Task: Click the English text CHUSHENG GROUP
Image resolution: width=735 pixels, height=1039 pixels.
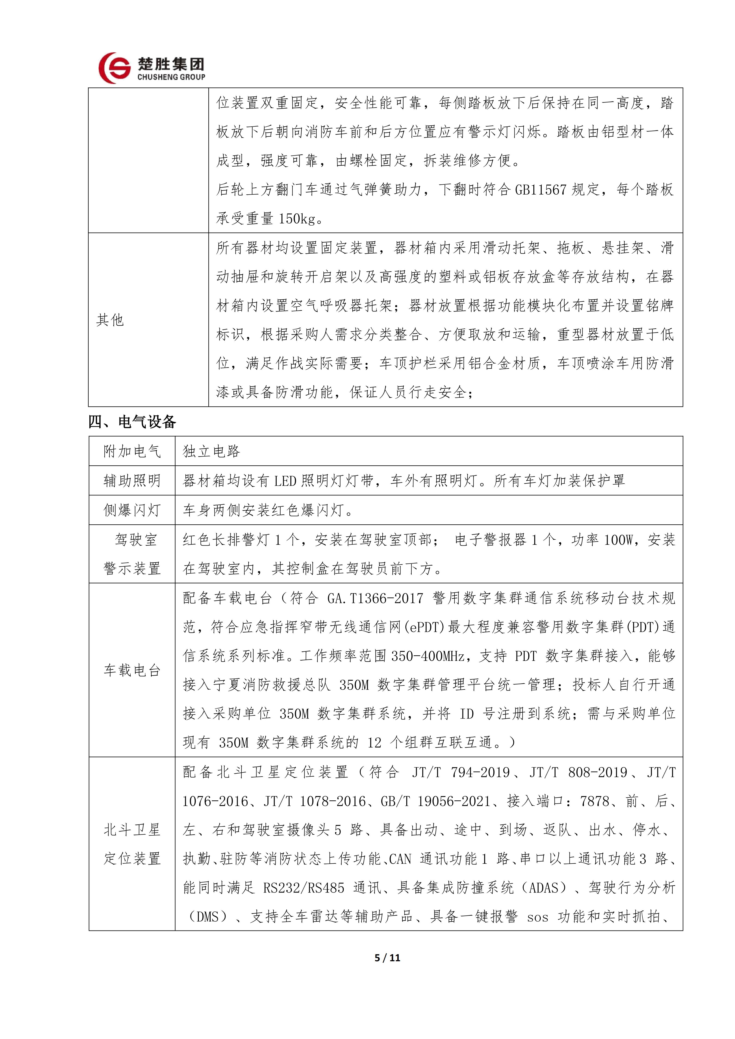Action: pyautogui.click(x=171, y=77)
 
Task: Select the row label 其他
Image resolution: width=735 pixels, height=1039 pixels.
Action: pyautogui.click(x=110, y=320)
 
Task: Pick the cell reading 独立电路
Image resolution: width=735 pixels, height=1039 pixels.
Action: pyautogui.click(x=211, y=451)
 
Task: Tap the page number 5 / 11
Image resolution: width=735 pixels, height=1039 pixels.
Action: pyautogui.click(x=388, y=958)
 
